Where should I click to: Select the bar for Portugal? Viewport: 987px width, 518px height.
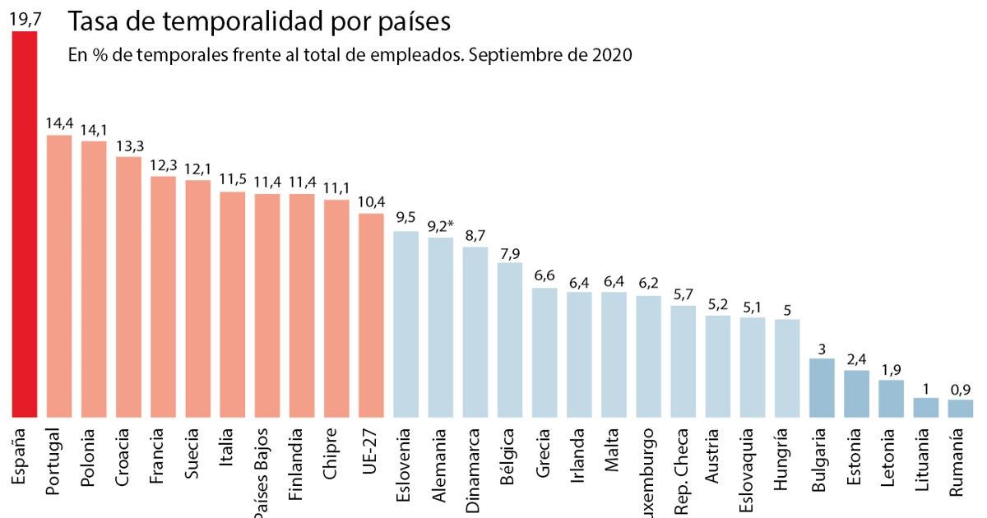click(x=59, y=276)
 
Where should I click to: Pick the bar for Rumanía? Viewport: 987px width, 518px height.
click(x=960, y=409)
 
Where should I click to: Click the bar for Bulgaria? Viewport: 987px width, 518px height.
click(x=822, y=388)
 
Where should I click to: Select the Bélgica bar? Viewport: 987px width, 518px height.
click(x=510, y=340)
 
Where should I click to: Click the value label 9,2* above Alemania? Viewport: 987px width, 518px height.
click(x=443, y=224)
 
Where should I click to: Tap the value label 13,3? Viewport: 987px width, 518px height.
click(x=128, y=144)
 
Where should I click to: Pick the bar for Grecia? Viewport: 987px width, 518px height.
click(x=544, y=352)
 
